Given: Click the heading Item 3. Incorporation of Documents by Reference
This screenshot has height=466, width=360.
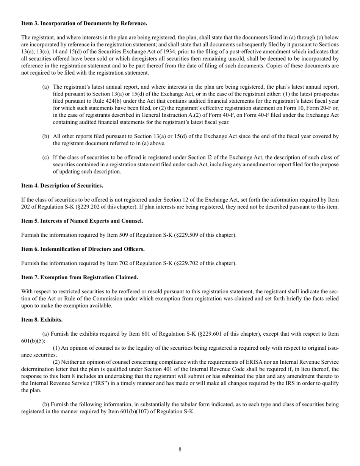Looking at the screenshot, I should point(84,23).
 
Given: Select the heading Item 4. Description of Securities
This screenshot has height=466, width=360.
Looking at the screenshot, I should point(62,186).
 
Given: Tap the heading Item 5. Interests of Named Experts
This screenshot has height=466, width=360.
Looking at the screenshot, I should point(82,221).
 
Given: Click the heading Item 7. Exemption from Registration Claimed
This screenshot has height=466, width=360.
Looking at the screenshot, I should point(80,277).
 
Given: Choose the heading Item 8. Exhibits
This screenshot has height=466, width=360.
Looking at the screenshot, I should point(42,320).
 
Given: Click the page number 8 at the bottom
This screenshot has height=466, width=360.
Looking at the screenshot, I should point(180,450).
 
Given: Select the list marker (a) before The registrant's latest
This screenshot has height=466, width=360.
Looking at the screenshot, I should point(45,87).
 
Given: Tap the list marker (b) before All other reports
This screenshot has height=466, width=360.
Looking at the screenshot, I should point(45,136).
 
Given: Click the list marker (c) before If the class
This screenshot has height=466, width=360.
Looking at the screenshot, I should point(45,157).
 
